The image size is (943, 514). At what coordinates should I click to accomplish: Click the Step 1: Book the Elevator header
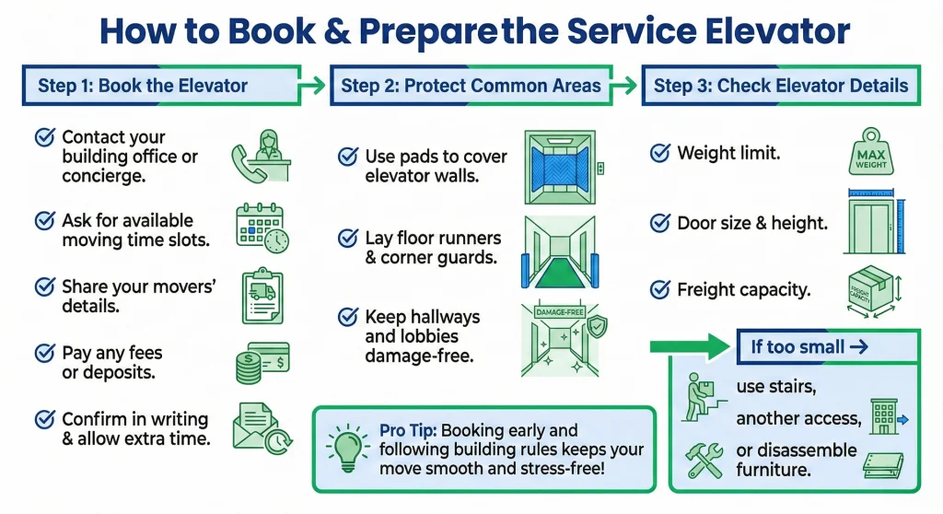(143, 87)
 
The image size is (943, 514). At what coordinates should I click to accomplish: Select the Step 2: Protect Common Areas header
(471, 87)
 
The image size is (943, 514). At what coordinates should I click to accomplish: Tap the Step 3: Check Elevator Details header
(781, 87)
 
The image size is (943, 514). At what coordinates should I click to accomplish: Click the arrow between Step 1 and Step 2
(313, 87)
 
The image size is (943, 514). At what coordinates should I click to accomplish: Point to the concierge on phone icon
(262, 156)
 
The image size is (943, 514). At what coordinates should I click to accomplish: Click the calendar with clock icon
(262, 228)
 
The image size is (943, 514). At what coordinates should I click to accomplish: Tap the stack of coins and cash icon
(262, 363)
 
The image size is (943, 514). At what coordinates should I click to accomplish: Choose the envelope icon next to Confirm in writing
(262, 429)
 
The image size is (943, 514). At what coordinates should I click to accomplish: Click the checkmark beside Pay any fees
(43, 353)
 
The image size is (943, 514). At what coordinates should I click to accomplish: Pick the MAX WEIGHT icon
(870, 153)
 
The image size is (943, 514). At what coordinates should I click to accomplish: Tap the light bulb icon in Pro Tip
(346, 448)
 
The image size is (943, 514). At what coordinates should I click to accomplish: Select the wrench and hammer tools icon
(704, 461)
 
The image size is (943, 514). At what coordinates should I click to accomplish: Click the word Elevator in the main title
(770, 31)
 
